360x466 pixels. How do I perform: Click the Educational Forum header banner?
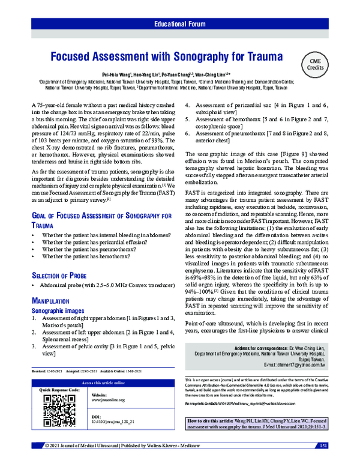[x=180, y=25]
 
